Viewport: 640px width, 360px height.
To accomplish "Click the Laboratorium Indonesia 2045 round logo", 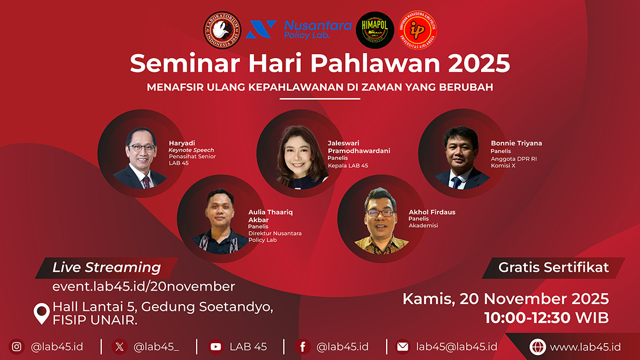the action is pos(222,30).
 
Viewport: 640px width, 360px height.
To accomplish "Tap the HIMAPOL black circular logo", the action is pos(375,30).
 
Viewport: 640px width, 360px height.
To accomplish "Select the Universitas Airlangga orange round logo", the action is pos(417,30).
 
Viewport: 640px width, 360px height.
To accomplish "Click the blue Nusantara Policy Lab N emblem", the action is pos(261,29).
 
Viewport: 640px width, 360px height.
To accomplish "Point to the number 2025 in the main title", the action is pos(479,63).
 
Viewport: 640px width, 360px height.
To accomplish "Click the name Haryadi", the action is pos(181,143).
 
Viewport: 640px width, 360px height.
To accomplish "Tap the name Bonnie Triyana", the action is pos(516,143).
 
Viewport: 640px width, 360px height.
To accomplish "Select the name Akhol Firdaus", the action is pos(432,212).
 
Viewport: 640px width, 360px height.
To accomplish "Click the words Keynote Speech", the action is pos(191,150).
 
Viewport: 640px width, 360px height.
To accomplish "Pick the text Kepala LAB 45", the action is pos(348,166).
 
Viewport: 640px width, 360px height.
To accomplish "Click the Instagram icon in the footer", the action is pos(17,347).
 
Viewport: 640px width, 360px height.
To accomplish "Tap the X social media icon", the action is pos(120,347).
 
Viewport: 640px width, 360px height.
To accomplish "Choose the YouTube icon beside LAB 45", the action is pos(215,347).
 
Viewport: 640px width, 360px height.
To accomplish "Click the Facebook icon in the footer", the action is pos(303,347).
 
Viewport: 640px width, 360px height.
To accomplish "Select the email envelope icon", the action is pos(403,347).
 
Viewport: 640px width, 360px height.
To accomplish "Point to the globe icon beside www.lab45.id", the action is pos(538,347).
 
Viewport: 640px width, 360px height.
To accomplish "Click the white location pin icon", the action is pos(42,313).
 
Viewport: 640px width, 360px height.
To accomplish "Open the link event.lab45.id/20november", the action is pos(144,287).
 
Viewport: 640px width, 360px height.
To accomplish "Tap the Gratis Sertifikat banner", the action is pos(553,268).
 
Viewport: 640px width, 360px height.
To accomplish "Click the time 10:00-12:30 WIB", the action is pos(547,318).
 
